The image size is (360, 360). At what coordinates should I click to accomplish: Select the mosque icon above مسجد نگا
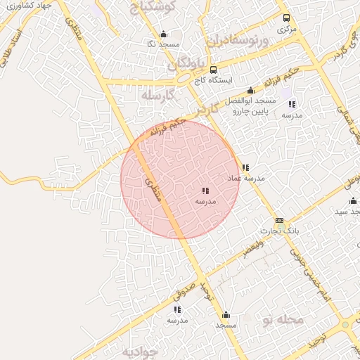click(x=163, y=34)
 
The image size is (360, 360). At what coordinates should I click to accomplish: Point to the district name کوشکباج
click(x=155, y=8)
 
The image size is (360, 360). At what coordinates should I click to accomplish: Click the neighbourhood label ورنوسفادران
click(x=237, y=38)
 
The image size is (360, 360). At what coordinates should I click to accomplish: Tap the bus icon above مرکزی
click(x=285, y=18)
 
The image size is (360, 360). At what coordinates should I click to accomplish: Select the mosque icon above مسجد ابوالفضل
click(x=250, y=90)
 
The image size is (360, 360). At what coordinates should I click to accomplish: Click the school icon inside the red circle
click(x=205, y=191)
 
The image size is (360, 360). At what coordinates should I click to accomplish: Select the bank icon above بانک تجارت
click(x=279, y=220)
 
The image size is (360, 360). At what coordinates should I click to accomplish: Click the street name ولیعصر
click(x=254, y=247)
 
